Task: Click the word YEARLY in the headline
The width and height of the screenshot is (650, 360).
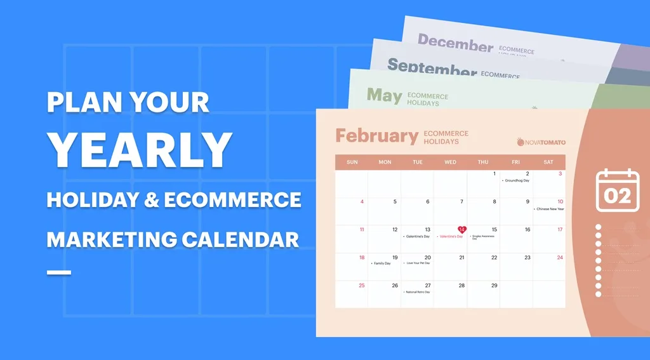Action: point(140,150)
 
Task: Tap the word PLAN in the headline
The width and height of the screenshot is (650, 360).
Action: point(81,102)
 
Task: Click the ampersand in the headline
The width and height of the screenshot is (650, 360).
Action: point(152,200)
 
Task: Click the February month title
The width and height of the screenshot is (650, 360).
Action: point(376,136)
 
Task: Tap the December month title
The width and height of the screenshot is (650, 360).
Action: point(455,44)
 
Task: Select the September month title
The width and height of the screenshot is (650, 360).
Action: point(432,67)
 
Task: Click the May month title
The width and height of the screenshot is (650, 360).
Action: point(384,96)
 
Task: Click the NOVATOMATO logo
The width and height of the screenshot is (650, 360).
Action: point(541,142)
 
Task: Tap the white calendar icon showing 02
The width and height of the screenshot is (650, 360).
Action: point(616,190)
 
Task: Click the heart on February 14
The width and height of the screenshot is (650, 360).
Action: point(461,230)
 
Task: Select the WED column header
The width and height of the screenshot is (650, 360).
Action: point(450,162)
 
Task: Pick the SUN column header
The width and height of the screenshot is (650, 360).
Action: point(352,162)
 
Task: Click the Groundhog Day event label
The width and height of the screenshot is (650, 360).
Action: point(517,180)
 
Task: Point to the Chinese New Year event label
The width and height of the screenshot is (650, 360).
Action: point(549,209)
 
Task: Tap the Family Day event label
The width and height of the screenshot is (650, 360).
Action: point(382,263)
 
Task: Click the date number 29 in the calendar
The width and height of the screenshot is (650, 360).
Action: point(494,286)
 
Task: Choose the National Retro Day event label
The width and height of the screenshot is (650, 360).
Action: point(418,292)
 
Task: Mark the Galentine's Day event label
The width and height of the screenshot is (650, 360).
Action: point(417,236)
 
